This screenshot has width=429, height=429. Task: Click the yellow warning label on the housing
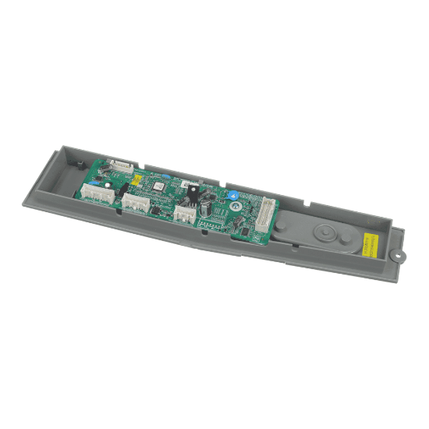coord(373,246)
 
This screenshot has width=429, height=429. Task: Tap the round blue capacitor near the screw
coord(232,194)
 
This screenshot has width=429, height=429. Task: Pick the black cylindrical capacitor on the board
coord(204,208)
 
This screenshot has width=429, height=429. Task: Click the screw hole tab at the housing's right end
coord(399,252)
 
